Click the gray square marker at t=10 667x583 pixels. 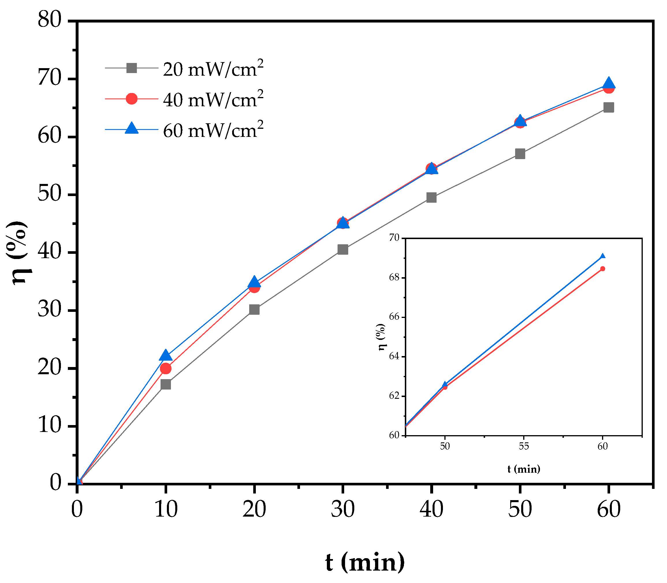point(166,384)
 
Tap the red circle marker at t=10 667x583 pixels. point(166,368)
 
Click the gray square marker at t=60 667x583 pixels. point(608,107)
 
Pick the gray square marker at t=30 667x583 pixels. point(343,249)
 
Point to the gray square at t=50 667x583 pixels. point(520,154)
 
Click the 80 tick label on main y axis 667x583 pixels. point(49,20)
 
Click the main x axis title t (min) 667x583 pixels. point(365,562)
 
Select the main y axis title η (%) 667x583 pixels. point(18,252)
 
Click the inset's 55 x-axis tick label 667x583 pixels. point(523,446)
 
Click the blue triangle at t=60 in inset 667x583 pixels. point(602,256)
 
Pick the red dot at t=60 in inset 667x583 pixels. point(602,269)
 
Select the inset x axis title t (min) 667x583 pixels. point(523,469)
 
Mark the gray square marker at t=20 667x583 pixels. point(254,309)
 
